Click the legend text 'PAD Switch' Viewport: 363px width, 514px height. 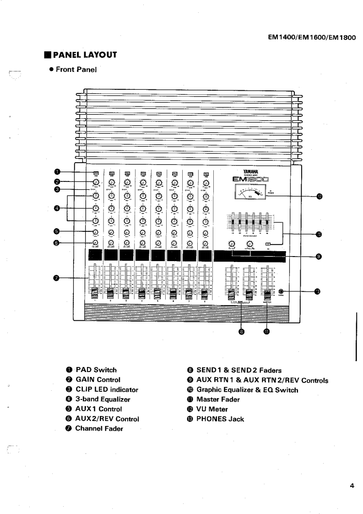[96, 370]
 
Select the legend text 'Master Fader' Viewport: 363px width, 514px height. [218, 399]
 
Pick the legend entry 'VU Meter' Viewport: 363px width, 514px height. [212, 409]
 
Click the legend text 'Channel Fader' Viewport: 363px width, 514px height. [99, 429]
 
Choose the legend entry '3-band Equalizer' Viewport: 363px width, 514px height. [103, 399]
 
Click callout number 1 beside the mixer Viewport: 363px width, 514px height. [57, 172]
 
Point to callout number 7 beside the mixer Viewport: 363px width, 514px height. [57, 277]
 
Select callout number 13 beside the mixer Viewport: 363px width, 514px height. [317, 291]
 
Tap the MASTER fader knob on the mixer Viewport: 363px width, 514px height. [267, 293]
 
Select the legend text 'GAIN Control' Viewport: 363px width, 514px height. [98, 379]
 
